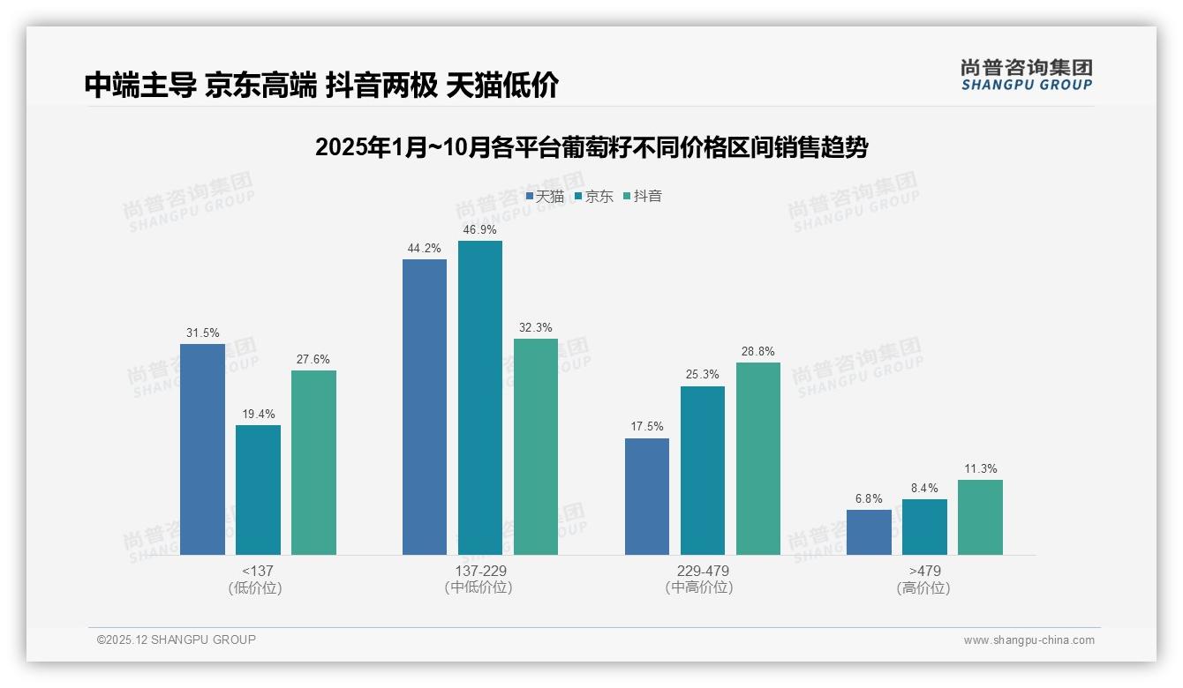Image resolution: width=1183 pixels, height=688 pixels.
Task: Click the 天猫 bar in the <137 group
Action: pyautogui.click(x=202, y=449)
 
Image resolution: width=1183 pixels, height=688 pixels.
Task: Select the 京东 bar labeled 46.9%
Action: pyautogui.click(x=479, y=398)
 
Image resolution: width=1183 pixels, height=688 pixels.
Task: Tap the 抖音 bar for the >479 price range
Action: pyautogui.click(x=980, y=517)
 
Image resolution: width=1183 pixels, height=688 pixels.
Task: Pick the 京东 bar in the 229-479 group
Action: pyautogui.click(x=702, y=470)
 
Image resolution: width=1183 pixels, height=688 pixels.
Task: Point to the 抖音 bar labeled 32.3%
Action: pyautogui.click(x=536, y=446)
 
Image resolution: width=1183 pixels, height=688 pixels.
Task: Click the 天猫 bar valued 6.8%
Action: pyautogui.click(x=869, y=532)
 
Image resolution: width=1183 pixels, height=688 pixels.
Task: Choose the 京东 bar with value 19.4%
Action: pyautogui.click(x=258, y=490)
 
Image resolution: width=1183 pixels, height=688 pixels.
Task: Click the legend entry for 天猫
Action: pyautogui.click(x=545, y=196)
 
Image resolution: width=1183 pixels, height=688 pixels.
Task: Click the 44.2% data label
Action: pyautogui.click(x=425, y=249)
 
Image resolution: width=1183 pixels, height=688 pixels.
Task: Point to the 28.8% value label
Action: pyautogui.click(x=757, y=352)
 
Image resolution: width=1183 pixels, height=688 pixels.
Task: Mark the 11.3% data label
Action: pyautogui.click(x=980, y=469)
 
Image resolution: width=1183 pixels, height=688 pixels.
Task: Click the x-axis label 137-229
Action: pyautogui.click(x=479, y=571)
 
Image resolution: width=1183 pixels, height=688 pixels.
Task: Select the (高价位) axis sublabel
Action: pyautogui.click(x=923, y=587)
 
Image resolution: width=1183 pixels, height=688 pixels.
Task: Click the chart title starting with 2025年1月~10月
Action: pyautogui.click(x=591, y=147)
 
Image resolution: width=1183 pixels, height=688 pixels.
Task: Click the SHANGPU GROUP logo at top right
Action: pyautogui.click(x=1026, y=75)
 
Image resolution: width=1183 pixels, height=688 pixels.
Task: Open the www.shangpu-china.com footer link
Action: pyautogui.click(x=1029, y=640)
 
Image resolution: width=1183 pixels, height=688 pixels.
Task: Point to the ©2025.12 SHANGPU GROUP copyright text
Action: pyautogui.click(x=177, y=639)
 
